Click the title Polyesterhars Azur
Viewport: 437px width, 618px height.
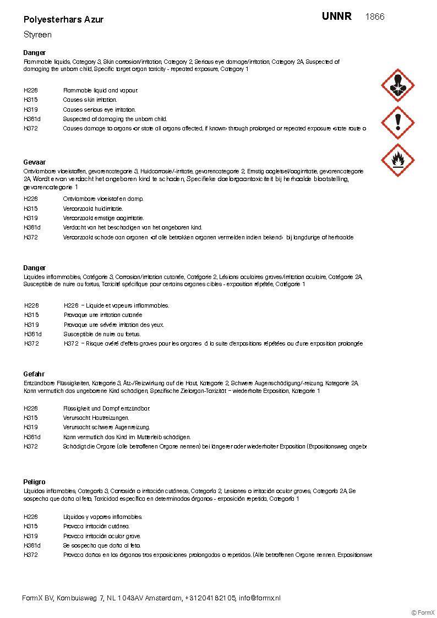pos(63,19)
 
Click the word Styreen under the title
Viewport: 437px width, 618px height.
pos(37,35)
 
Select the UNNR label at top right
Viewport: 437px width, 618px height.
pos(337,17)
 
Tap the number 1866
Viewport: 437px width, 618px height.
pos(375,17)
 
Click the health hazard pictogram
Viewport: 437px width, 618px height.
pos(397,85)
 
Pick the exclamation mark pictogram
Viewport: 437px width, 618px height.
pos(397,122)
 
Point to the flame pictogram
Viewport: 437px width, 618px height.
pos(397,159)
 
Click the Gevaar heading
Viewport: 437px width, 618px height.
pos(35,162)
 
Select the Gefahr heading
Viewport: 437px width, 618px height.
pos(34,374)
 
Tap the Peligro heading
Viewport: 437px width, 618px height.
pos(35,482)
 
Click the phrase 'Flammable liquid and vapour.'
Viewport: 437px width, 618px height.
pos(101,90)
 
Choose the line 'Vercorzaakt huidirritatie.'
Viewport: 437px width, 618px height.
pos(93,209)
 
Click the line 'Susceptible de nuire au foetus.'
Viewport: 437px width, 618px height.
pos(102,334)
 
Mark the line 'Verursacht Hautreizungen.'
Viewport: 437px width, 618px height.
pos(96,418)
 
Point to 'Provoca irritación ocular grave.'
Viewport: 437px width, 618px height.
pos(102,536)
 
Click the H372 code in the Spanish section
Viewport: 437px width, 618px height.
pos(31,555)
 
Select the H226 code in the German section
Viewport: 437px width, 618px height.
pos(31,408)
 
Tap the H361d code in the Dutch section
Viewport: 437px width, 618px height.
pos(32,227)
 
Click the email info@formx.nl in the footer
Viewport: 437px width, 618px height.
pos(260,598)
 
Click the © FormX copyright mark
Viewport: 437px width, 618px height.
pos(423,612)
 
